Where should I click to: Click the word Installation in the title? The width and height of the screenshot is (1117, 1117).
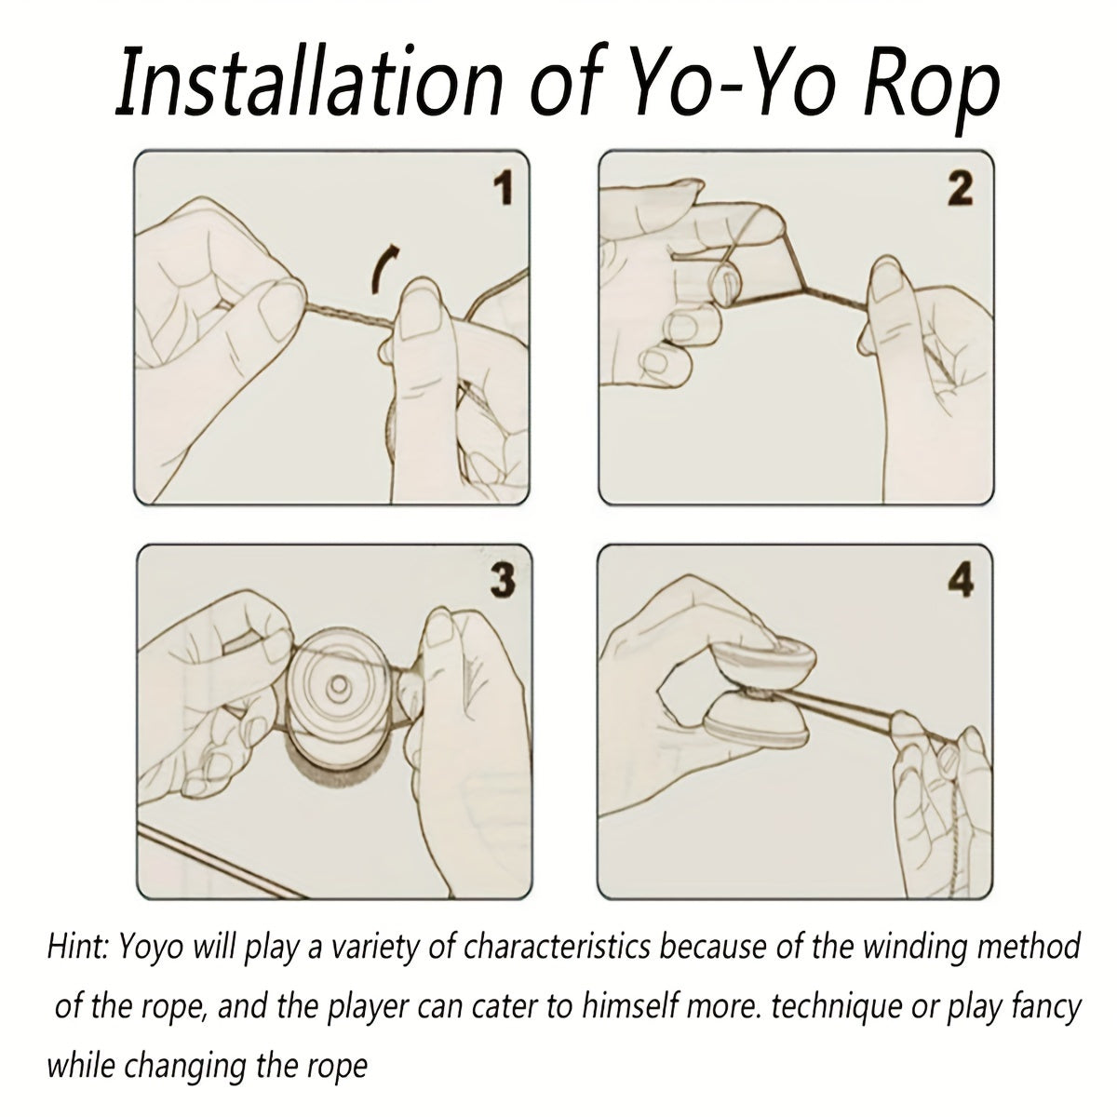(x=308, y=81)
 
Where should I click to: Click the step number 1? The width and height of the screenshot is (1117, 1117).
(x=504, y=189)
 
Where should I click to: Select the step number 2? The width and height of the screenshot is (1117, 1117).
(x=961, y=190)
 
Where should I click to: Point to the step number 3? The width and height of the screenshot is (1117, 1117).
(x=503, y=582)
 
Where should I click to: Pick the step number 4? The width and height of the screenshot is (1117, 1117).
(x=961, y=582)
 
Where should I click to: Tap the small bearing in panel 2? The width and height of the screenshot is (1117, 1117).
(x=725, y=285)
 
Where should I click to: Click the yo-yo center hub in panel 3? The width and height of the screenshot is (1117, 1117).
(x=338, y=688)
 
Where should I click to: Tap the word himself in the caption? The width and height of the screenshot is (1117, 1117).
(x=627, y=1007)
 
